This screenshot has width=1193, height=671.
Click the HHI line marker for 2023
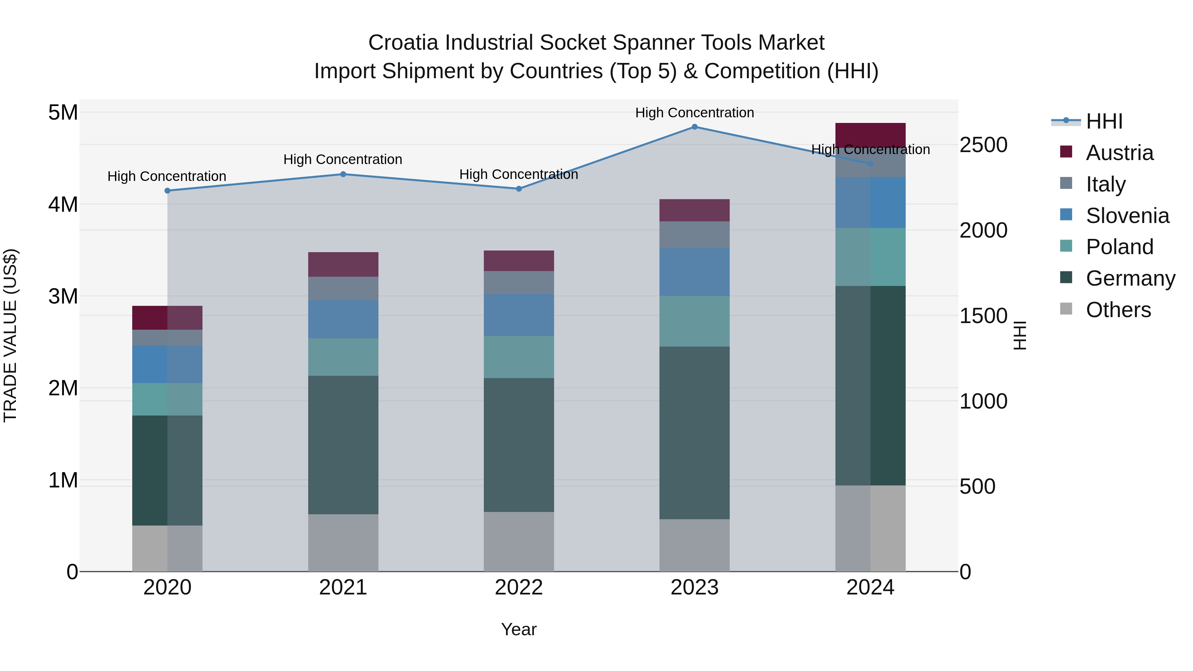coord(694,127)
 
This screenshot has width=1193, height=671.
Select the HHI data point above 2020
coord(168,191)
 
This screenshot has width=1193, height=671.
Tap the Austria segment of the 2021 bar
coord(343,264)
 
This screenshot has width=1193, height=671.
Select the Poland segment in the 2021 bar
coord(343,357)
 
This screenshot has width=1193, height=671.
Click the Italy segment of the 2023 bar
coord(694,235)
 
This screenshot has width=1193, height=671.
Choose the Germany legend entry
coord(1130,278)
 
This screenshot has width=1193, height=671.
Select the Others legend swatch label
coord(1118,310)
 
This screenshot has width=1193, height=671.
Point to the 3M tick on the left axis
coord(63,296)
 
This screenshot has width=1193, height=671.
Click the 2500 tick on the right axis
coord(983,145)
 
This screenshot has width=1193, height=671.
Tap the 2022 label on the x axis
coord(519,587)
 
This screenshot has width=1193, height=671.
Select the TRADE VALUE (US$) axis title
coord(11,335)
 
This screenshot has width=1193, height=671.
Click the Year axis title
coord(519,629)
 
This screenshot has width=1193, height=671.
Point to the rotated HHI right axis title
coord(1020,335)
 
